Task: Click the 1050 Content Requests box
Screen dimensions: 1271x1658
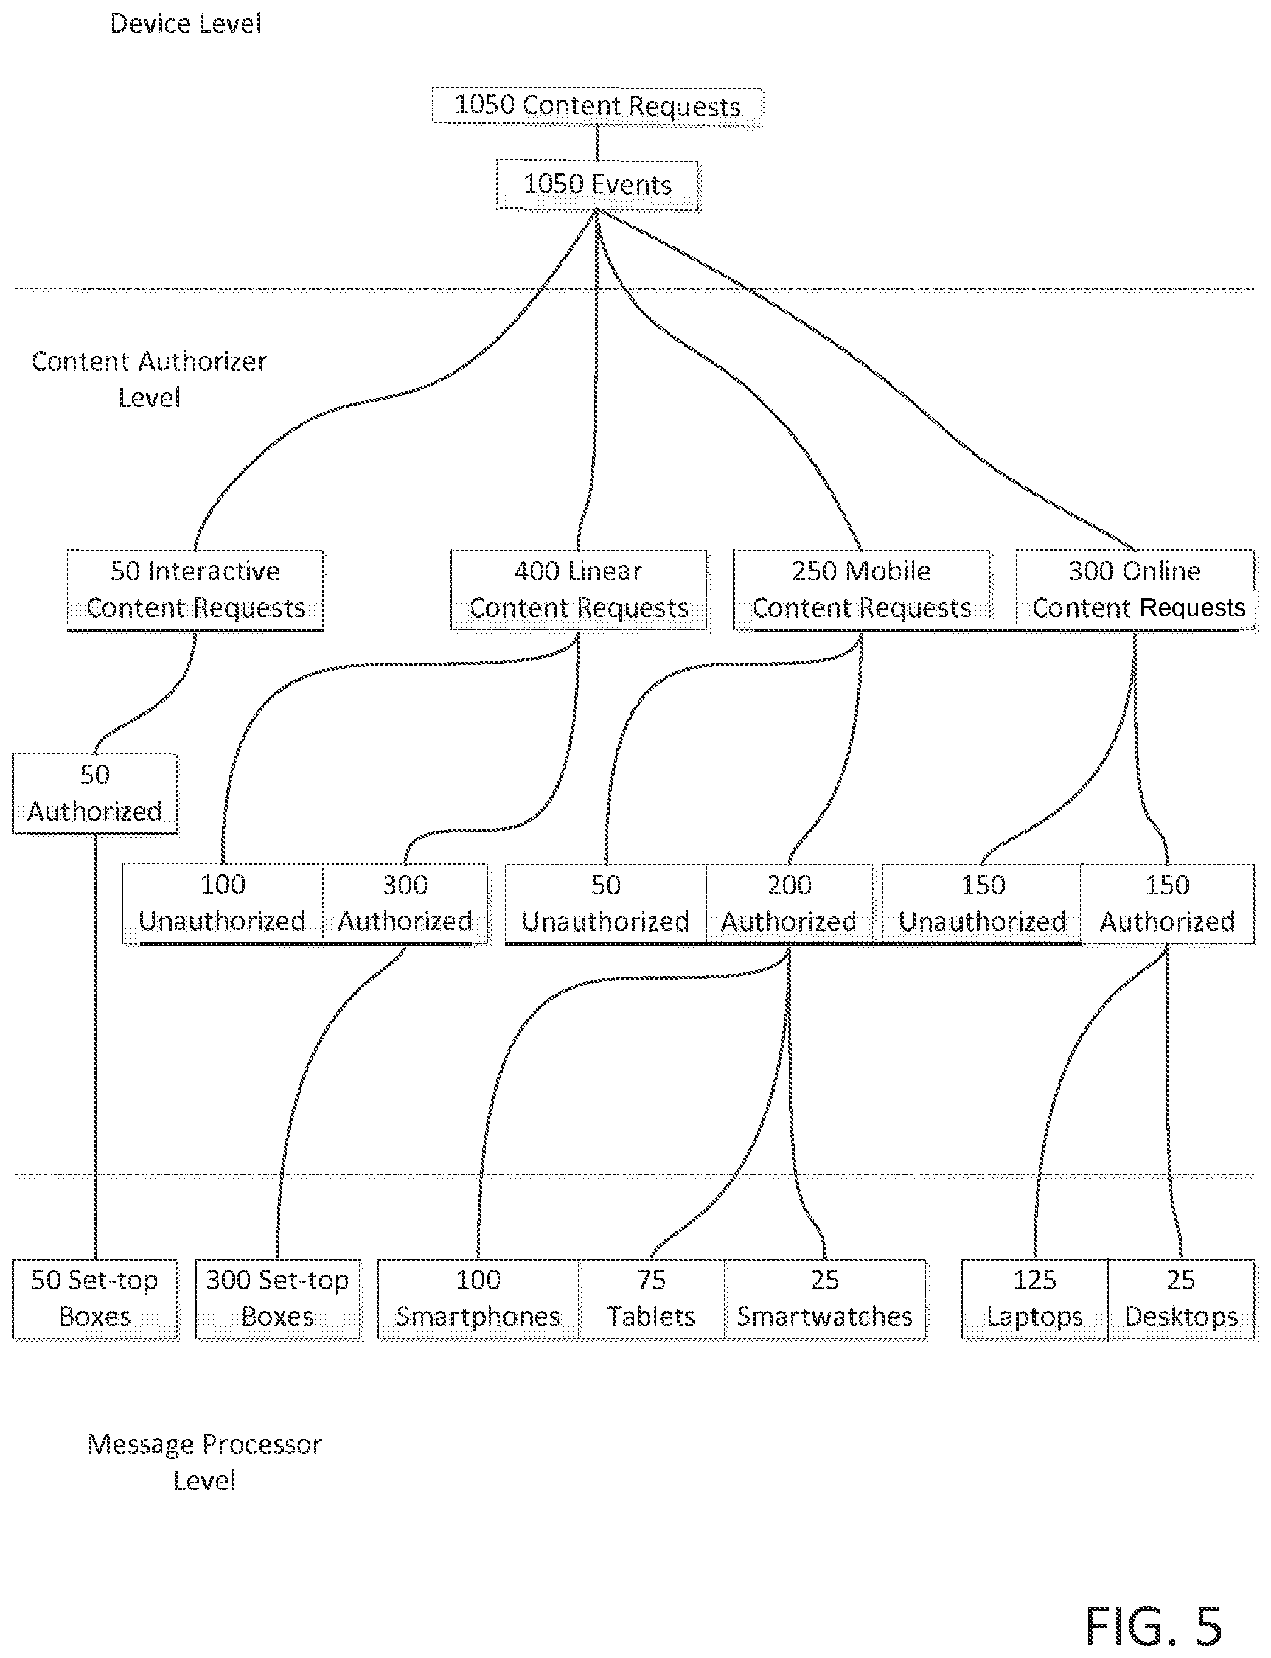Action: (x=597, y=106)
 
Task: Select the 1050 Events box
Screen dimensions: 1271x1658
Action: (x=597, y=186)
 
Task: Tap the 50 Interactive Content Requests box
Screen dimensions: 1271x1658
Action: (x=195, y=590)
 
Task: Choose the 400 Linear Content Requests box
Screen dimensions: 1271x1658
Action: (x=579, y=590)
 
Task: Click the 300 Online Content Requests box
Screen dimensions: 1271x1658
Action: (x=1135, y=590)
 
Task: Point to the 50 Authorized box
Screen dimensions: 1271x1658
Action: (x=96, y=794)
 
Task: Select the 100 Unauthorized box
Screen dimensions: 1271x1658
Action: (x=223, y=904)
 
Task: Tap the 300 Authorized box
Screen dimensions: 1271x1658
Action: (x=405, y=904)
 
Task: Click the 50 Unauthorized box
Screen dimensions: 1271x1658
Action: (x=606, y=904)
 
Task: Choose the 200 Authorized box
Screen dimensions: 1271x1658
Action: (x=789, y=904)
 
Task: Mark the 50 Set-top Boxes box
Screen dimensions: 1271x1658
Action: (x=96, y=1299)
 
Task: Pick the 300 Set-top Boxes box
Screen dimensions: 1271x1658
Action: (x=277, y=1299)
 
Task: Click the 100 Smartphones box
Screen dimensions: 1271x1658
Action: (x=478, y=1299)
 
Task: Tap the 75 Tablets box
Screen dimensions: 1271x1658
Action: (x=652, y=1299)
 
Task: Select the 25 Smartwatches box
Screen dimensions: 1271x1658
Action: (x=824, y=1299)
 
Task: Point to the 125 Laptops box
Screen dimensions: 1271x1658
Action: (x=1035, y=1299)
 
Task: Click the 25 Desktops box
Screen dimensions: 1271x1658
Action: (x=1181, y=1299)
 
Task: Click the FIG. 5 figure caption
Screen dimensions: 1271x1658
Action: (x=1154, y=1627)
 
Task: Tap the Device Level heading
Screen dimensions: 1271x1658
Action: (x=186, y=24)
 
